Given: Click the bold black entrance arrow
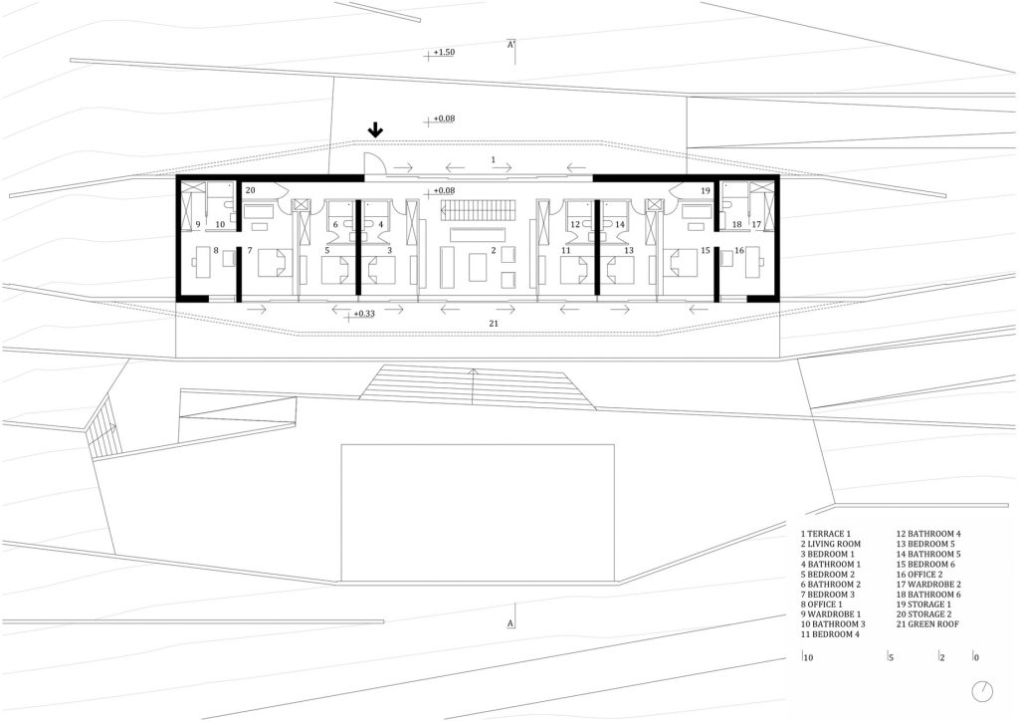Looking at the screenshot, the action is click(375, 130).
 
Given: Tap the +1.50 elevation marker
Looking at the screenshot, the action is click(441, 53).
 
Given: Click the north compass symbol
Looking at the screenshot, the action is click(982, 691).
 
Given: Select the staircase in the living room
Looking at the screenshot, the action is click(474, 211).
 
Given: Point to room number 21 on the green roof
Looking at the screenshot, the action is click(494, 323).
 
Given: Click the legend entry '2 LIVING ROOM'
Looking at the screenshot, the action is click(831, 544).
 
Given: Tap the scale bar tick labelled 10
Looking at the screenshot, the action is click(808, 657).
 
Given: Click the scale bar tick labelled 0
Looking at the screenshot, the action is click(975, 657).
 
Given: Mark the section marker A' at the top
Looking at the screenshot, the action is click(511, 45).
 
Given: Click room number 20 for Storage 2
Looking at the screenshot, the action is click(251, 190).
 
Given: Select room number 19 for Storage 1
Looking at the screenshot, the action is click(706, 191).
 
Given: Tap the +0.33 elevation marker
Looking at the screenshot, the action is click(361, 314).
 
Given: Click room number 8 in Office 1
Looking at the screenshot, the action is click(216, 250).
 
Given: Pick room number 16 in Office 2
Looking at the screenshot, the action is click(739, 250).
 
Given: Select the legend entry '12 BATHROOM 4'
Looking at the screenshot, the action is click(928, 534).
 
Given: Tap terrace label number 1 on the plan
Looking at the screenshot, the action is click(494, 159).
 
